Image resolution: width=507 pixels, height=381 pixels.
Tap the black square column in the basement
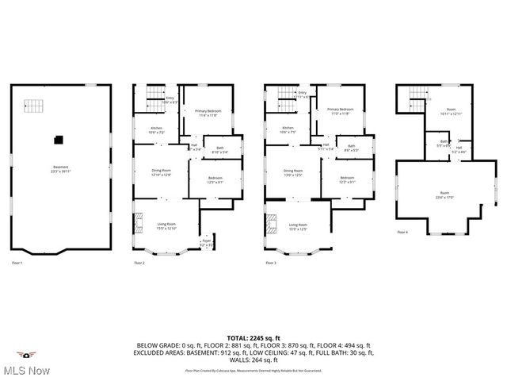(x=58, y=140)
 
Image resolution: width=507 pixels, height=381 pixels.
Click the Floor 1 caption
(x=17, y=262)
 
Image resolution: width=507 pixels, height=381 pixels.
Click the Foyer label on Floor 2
(x=206, y=241)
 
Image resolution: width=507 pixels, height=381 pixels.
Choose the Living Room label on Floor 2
(x=166, y=226)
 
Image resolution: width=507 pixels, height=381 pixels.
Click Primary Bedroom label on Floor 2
(x=208, y=112)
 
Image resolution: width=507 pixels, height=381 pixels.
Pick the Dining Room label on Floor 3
(x=293, y=172)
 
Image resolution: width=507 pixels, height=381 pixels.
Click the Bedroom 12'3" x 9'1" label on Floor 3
(x=347, y=179)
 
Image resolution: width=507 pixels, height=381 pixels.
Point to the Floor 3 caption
(x=271, y=262)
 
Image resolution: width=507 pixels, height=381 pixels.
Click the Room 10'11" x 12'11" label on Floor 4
(x=451, y=112)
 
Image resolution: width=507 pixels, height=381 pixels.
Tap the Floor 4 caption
(x=402, y=233)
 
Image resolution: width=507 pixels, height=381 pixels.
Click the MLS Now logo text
(x=28, y=371)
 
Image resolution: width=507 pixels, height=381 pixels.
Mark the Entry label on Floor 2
(x=170, y=99)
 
